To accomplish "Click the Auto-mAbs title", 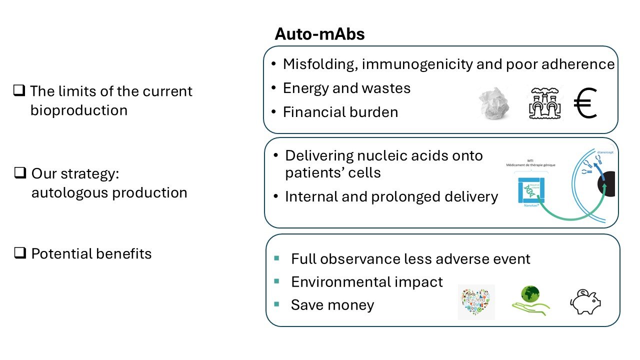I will coord(319,34).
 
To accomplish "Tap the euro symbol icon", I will coord(585,104).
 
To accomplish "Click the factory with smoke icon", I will coord(545,103).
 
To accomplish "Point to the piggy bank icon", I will coord(585,301).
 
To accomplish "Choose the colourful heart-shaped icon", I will coord(476,302).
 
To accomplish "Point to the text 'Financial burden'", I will coord(340,112).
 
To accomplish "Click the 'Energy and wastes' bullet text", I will coord(346,88).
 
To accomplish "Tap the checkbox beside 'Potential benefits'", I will coord(20,253).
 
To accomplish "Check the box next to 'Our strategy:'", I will coord(20,173).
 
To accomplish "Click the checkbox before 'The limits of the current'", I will coord(19,91).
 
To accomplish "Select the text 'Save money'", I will coord(332,305).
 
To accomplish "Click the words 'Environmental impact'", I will coord(366,282).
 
